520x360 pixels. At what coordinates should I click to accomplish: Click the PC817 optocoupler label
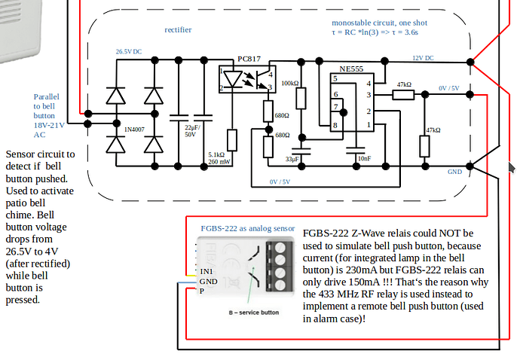click(x=249, y=58)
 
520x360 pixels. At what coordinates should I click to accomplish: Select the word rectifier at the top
click(x=179, y=30)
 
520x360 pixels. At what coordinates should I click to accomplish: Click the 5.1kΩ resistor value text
click(x=218, y=155)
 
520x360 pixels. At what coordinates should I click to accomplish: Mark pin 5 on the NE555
click(x=335, y=79)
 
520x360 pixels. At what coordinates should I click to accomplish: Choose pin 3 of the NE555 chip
click(x=369, y=96)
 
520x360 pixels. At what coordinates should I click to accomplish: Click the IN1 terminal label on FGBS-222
click(x=207, y=270)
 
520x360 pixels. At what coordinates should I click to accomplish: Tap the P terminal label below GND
click(x=201, y=290)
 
